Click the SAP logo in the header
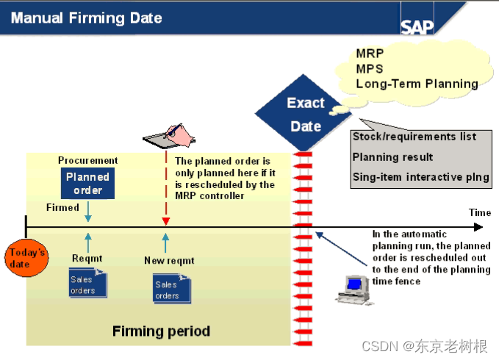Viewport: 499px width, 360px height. tap(417, 26)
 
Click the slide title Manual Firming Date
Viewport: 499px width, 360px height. tap(86, 17)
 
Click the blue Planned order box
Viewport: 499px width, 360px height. tap(87, 183)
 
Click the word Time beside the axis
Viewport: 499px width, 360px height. tap(479, 213)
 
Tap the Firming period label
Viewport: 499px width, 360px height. tap(161, 331)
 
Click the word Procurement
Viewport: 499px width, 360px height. tap(87, 161)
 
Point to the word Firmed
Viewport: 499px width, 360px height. tap(62, 208)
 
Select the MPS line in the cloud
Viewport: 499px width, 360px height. tap(370, 69)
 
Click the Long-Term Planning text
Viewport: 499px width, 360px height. tap(417, 84)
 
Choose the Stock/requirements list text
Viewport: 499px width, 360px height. tap(414, 137)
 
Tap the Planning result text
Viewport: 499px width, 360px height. tap(392, 156)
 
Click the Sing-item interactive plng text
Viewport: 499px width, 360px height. tap(420, 177)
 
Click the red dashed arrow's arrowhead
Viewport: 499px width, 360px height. tap(166, 221)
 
